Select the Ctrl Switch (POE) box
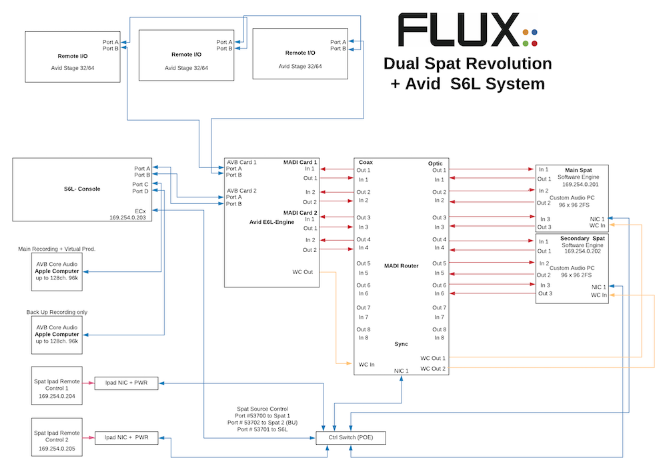click(350, 437)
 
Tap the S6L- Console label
click(78, 189)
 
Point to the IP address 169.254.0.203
click(129, 217)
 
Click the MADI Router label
click(401, 265)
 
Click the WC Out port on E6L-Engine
click(302, 272)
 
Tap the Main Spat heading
click(577, 170)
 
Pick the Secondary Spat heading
click(582, 238)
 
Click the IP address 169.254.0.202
click(583, 251)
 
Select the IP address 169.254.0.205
click(57, 449)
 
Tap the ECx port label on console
click(140, 210)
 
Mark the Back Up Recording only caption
click(57, 312)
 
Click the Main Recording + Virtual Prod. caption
click(57, 249)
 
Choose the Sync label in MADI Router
click(401, 344)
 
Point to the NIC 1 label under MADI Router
click(401, 370)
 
